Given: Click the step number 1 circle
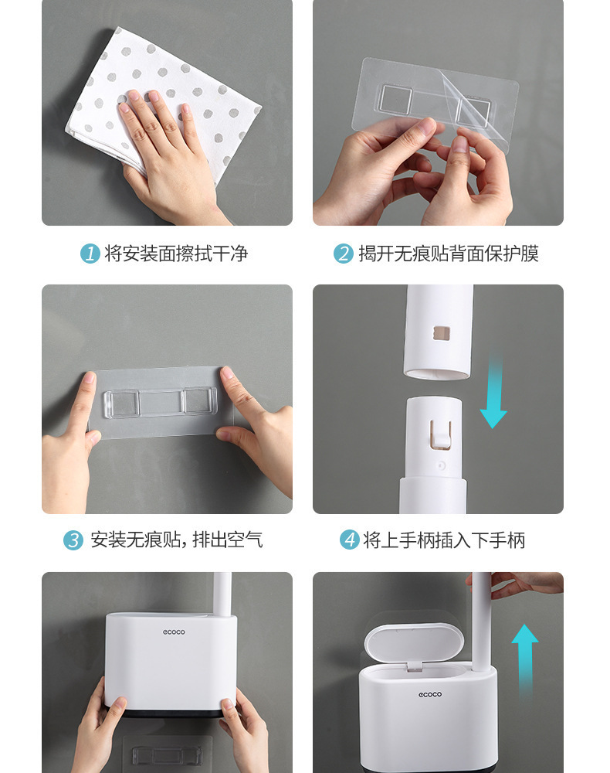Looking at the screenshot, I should click(90, 253).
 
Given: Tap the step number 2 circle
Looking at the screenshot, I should click(343, 253).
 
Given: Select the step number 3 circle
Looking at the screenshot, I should click(73, 540).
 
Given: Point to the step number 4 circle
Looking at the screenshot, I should click(350, 540).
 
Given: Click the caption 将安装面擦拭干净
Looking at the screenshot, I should click(176, 253).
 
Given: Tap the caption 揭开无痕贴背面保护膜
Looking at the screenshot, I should click(449, 253).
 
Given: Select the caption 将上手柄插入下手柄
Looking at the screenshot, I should click(444, 540).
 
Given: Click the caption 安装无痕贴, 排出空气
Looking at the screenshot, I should click(177, 540).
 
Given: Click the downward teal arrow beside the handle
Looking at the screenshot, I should click(493, 394).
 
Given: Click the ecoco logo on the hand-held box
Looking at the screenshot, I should click(173, 632).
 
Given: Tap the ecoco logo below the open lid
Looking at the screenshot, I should click(430, 694).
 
